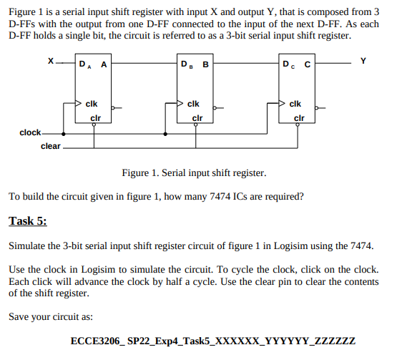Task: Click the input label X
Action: (50, 63)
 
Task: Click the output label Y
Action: (363, 62)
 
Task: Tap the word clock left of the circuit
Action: (30, 132)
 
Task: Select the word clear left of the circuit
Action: (51, 146)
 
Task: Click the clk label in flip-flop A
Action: (92, 104)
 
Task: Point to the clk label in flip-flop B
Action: (193, 104)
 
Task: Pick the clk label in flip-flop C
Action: (295, 104)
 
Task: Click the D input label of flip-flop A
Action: (85, 66)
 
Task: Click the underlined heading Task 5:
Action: (27, 220)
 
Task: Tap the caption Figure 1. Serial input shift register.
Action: (194, 173)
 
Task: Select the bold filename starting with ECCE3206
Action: (213, 341)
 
